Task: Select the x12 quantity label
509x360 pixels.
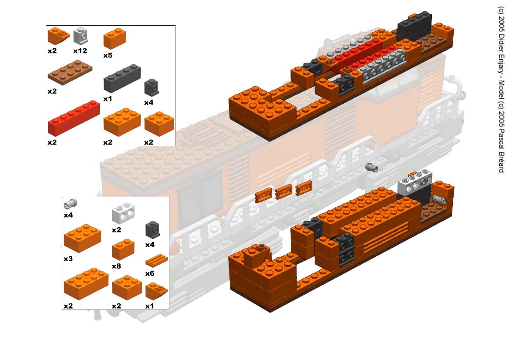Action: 80,51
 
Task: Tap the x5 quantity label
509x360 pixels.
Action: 108,55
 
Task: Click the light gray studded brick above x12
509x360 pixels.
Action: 80,36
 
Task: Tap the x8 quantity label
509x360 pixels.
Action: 117,266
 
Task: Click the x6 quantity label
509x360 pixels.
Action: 150,273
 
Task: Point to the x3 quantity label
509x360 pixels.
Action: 68,259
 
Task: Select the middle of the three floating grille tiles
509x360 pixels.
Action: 283,191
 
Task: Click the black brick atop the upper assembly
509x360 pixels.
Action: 415,24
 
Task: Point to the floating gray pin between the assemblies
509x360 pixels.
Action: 372,167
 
